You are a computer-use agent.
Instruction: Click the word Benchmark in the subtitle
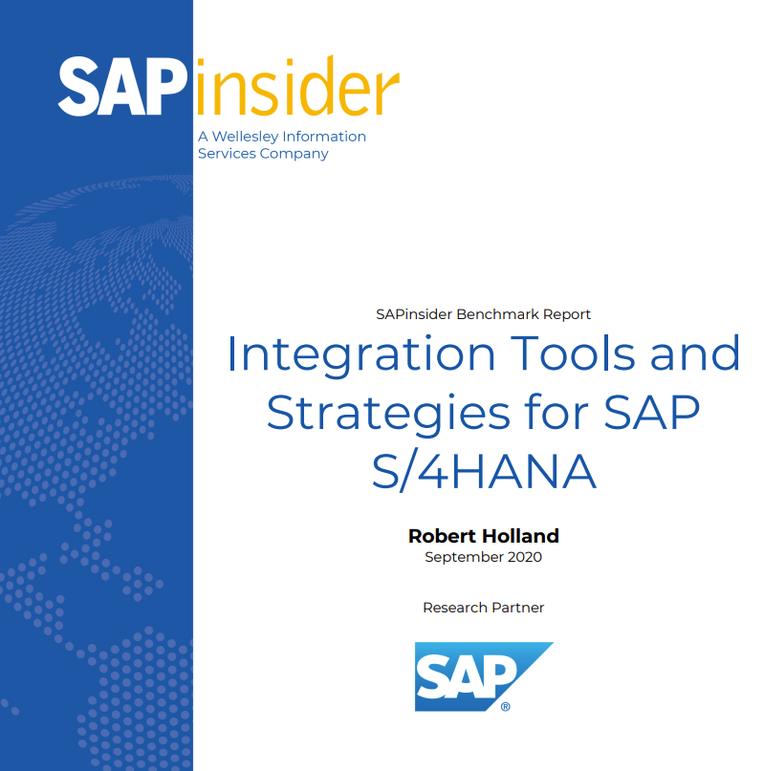pyautogui.click(x=498, y=313)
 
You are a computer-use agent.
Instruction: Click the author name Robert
pyautogui.click(x=442, y=535)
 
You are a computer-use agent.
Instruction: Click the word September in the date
pyautogui.click(x=463, y=557)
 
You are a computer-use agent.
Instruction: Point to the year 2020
pyautogui.click(x=523, y=557)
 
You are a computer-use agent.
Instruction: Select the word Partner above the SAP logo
pyautogui.click(x=517, y=608)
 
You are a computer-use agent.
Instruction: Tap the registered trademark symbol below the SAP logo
pyautogui.click(x=505, y=707)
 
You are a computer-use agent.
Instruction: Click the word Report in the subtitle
pyautogui.click(x=567, y=313)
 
